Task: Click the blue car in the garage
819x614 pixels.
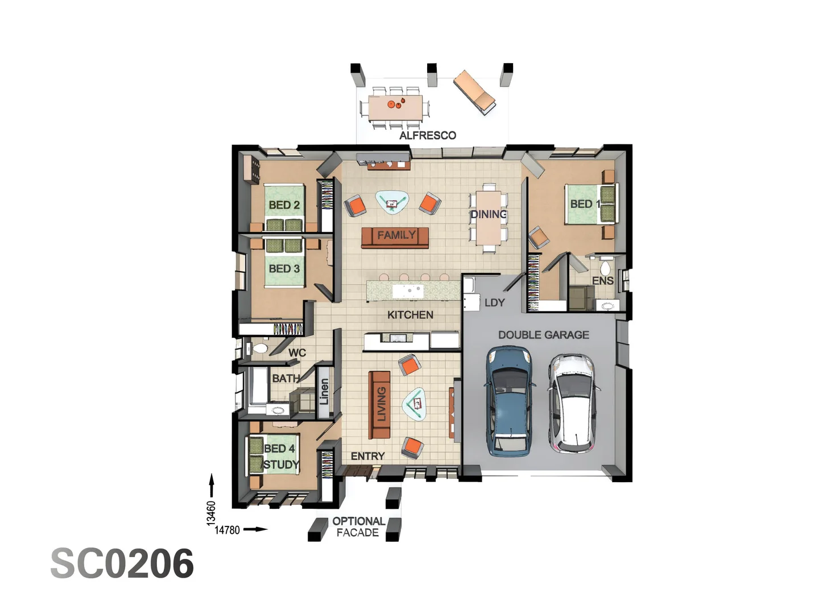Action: point(510,401)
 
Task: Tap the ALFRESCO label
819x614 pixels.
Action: point(427,135)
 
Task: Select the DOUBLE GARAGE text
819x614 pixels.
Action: point(543,335)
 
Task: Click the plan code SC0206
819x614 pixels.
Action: point(122,564)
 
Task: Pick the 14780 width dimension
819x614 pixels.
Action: point(227,530)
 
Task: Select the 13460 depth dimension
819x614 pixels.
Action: point(211,512)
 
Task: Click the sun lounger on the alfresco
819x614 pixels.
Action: point(474,91)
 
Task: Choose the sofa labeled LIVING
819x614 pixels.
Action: point(379,404)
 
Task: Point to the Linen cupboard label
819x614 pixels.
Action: point(324,392)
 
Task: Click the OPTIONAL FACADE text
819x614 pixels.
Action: point(358,527)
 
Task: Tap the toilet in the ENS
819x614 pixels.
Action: point(605,267)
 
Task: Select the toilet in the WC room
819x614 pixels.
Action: point(260,348)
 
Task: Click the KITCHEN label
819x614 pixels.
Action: point(410,315)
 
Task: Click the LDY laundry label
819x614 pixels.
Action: point(494,303)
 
